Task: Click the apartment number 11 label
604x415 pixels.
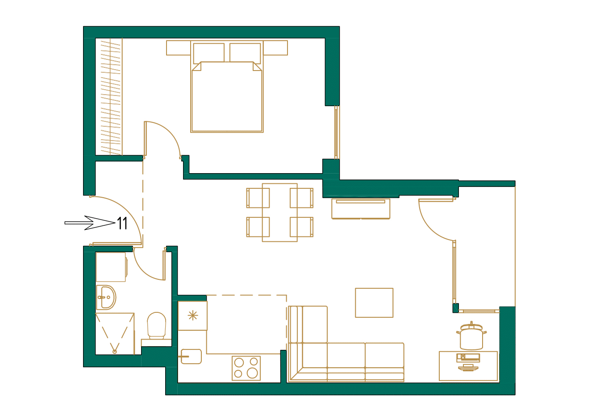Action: click(x=122, y=223)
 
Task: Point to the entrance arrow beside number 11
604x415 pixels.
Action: click(x=89, y=223)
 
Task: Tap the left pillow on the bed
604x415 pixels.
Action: click(x=208, y=53)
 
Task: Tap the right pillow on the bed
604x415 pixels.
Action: click(x=245, y=53)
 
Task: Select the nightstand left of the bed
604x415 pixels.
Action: click(x=178, y=48)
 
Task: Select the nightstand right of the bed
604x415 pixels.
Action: click(x=275, y=48)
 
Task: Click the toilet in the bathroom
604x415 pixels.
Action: click(x=157, y=325)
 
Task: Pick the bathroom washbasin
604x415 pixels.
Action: click(x=106, y=297)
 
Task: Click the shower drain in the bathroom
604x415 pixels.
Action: click(x=115, y=352)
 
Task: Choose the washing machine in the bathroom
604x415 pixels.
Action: click(x=111, y=267)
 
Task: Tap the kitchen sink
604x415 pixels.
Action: click(x=191, y=357)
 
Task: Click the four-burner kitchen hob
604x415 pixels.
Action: click(x=246, y=368)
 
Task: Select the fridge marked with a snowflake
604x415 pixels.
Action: click(x=192, y=316)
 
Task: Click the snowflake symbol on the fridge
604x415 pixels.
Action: click(x=192, y=316)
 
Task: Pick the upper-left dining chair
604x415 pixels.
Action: click(x=258, y=198)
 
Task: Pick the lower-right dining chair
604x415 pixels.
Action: click(x=302, y=227)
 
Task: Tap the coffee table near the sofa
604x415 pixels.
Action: click(x=374, y=303)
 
